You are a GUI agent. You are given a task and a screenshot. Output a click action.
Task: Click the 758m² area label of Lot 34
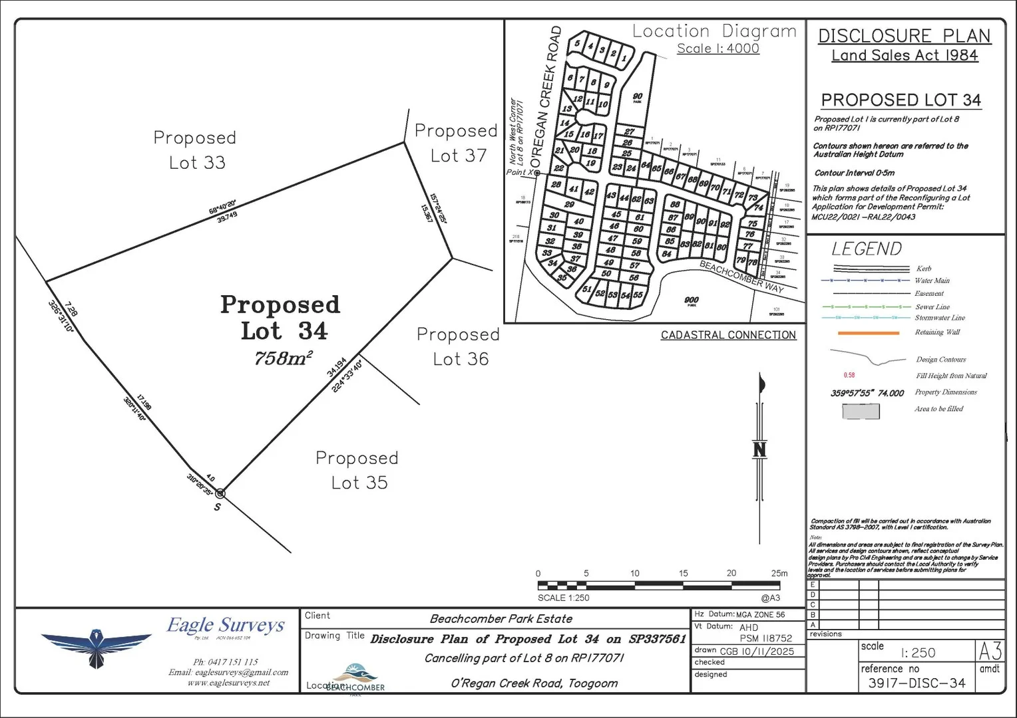tap(284, 358)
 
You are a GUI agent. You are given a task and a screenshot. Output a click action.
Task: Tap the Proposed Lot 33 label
tap(196, 150)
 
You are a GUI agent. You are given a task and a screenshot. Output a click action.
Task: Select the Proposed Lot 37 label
tap(457, 143)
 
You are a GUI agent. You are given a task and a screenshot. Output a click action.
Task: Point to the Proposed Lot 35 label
tap(358, 470)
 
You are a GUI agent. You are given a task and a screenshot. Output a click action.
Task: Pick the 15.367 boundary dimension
tap(426, 213)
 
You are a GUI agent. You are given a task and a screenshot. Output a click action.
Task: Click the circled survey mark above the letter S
tap(220, 493)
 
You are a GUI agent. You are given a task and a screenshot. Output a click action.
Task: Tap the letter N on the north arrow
tap(759, 450)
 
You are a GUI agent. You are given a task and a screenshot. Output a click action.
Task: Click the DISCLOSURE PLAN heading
tap(904, 36)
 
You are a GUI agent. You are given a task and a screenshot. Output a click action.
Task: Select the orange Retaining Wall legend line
tap(869, 332)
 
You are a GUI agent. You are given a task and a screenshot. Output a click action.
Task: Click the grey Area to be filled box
tap(861, 411)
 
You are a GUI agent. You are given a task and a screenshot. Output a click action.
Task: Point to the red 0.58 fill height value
tap(849, 376)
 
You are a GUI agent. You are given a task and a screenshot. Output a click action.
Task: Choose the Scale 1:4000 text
tap(717, 49)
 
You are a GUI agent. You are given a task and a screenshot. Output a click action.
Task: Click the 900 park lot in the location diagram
tap(692, 300)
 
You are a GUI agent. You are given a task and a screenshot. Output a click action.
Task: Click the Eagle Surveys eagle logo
tap(97, 646)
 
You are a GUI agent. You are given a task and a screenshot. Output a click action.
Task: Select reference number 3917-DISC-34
tap(916, 683)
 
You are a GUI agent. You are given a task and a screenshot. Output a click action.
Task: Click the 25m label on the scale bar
tap(779, 573)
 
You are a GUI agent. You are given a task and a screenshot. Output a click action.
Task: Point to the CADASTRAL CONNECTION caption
tap(728, 335)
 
